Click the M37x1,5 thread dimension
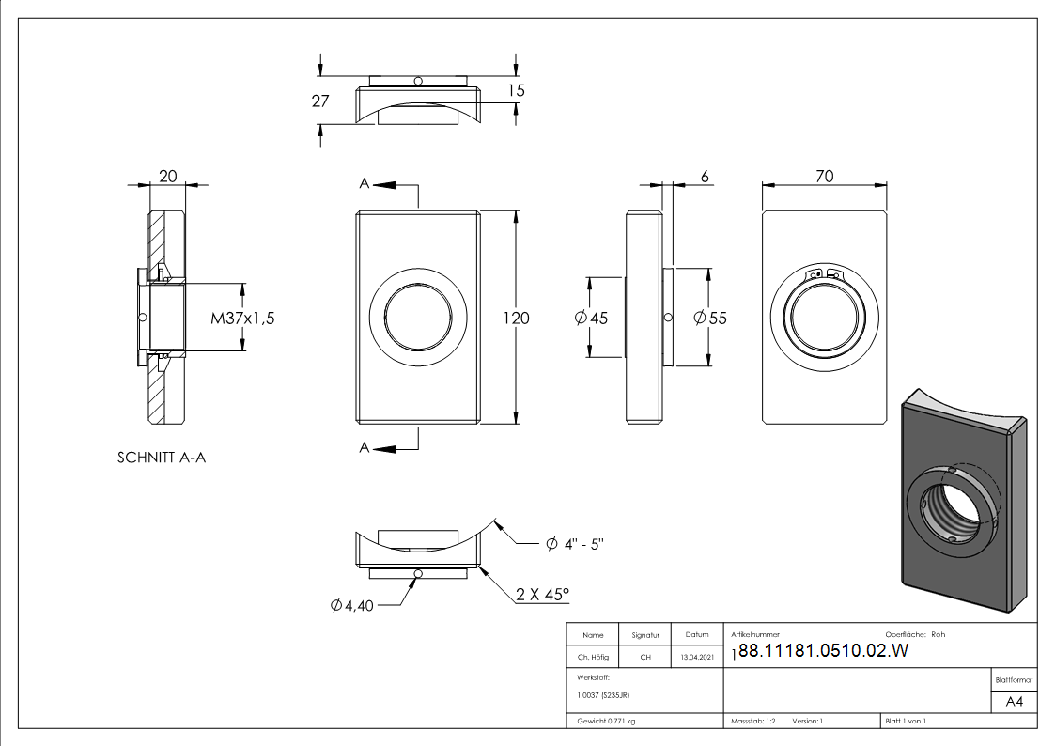point(242,319)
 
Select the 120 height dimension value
point(516,319)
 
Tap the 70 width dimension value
point(824,176)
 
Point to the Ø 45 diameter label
point(591,319)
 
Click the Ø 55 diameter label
point(710,319)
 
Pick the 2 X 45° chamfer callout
point(542,595)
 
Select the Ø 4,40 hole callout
point(352,606)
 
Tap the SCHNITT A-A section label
point(161,458)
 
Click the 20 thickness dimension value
point(168,176)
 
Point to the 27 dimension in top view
point(320,101)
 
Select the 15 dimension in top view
point(515,90)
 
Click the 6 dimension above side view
point(705,176)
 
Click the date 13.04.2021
point(696,657)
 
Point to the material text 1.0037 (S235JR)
point(603,694)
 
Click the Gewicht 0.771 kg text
point(607,721)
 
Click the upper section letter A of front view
point(364,184)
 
